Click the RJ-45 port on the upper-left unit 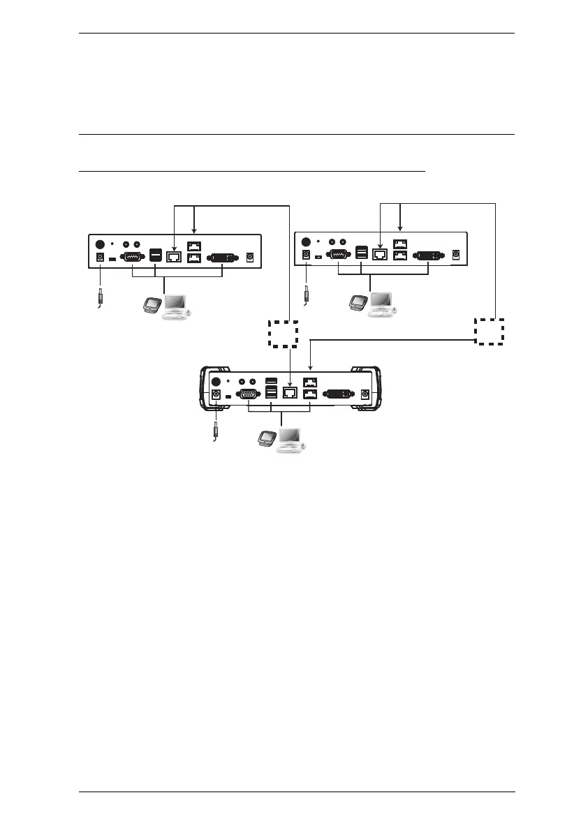point(174,257)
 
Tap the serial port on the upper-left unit point(131,257)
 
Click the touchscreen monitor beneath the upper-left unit point(152,304)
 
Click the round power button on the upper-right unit point(304,244)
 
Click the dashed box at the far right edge point(489,331)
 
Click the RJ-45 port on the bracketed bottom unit point(290,394)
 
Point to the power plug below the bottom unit point(216,430)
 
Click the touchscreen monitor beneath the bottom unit point(266,439)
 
